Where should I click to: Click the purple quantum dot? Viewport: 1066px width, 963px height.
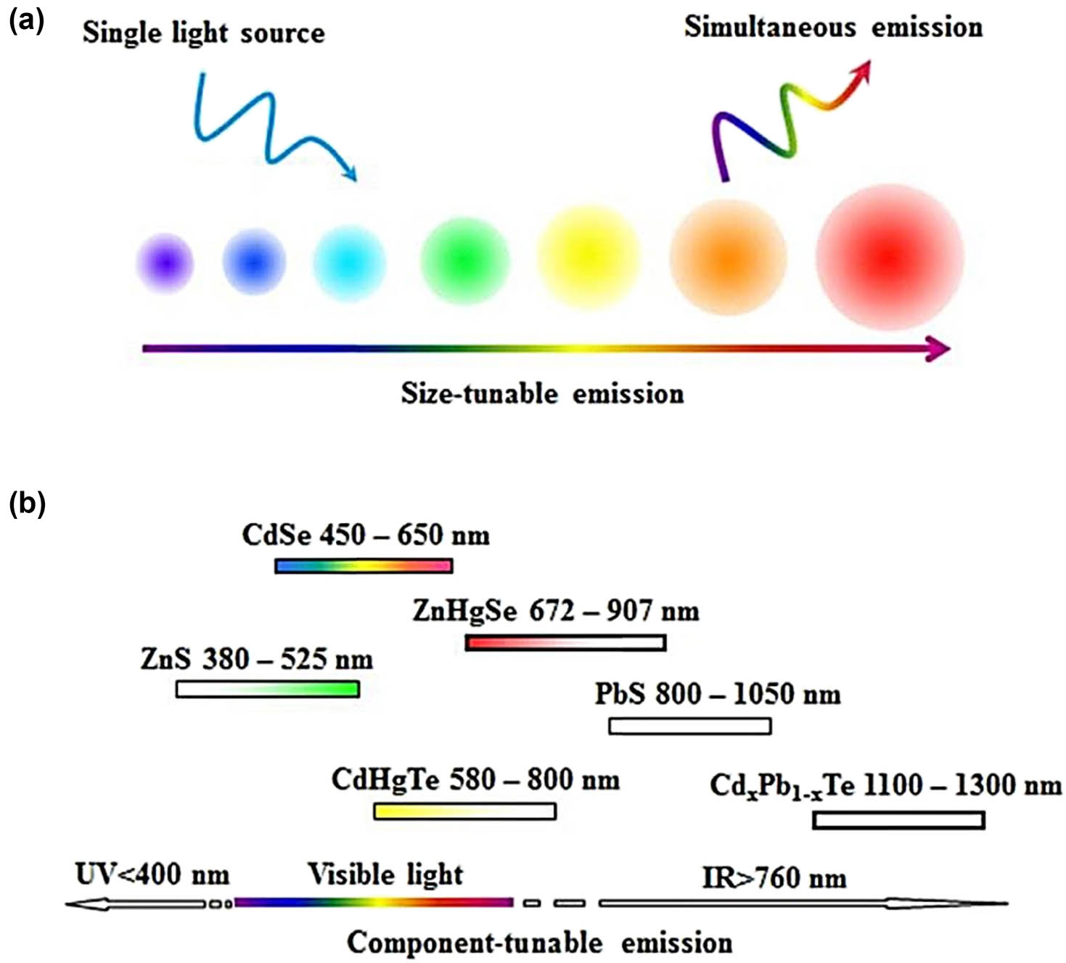click(x=165, y=263)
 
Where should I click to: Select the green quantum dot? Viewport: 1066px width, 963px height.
click(x=464, y=259)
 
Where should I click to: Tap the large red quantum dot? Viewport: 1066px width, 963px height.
click(x=889, y=257)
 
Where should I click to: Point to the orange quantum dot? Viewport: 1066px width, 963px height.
click(x=727, y=258)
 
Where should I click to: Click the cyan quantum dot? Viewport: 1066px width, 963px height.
click(x=349, y=262)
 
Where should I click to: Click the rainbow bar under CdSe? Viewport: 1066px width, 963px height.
click(x=364, y=566)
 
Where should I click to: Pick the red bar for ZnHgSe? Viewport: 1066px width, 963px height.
click(x=565, y=642)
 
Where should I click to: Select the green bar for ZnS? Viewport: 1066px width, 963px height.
click(x=268, y=689)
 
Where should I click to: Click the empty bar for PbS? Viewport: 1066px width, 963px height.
click(x=689, y=726)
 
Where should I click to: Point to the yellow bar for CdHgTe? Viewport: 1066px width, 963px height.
click(x=464, y=811)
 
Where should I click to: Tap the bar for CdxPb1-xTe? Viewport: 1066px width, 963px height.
click(x=898, y=820)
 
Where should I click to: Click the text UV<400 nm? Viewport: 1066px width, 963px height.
click(x=152, y=875)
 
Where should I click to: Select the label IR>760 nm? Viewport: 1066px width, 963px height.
click(x=774, y=878)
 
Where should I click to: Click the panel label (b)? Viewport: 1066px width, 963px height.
click(x=27, y=502)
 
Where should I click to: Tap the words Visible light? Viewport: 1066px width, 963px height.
click(x=385, y=874)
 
